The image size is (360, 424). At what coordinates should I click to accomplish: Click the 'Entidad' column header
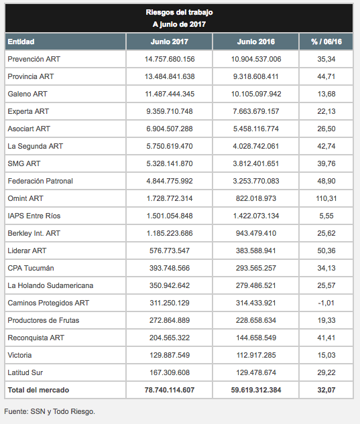coord(21,42)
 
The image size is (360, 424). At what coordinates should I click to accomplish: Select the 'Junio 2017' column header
coord(170,42)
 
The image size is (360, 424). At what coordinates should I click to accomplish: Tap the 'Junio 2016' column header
coord(256,42)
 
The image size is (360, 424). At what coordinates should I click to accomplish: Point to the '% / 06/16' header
coord(326,42)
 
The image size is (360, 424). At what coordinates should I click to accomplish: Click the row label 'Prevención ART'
coord(34,59)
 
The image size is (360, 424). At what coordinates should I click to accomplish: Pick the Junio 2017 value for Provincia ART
coord(170,76)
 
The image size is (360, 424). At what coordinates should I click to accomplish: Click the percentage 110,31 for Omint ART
coord(326,198)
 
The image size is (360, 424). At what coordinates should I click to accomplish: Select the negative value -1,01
coord(326,303)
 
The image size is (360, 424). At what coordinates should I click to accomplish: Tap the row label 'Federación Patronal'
coord(40,181)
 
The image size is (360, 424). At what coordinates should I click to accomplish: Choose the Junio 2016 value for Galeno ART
coord(256,94)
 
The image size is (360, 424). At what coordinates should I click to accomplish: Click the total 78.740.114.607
coord(170,390)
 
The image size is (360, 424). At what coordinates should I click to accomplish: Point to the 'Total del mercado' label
coord(38,390)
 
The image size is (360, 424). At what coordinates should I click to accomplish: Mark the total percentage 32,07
coord(326,390)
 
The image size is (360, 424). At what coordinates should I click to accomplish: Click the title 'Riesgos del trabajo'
coord(179,12)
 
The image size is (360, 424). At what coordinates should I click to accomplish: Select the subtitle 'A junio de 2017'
coord(179,24)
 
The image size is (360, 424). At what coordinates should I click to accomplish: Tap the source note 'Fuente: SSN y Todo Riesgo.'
coord(50,411)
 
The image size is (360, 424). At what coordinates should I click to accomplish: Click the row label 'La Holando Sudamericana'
coord(50,285)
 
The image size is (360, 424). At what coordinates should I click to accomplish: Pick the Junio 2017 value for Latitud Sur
coord(170,372)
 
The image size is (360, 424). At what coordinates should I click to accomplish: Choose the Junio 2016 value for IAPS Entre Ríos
coord(256,216)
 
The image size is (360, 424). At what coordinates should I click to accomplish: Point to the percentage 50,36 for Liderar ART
coord(326,251)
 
